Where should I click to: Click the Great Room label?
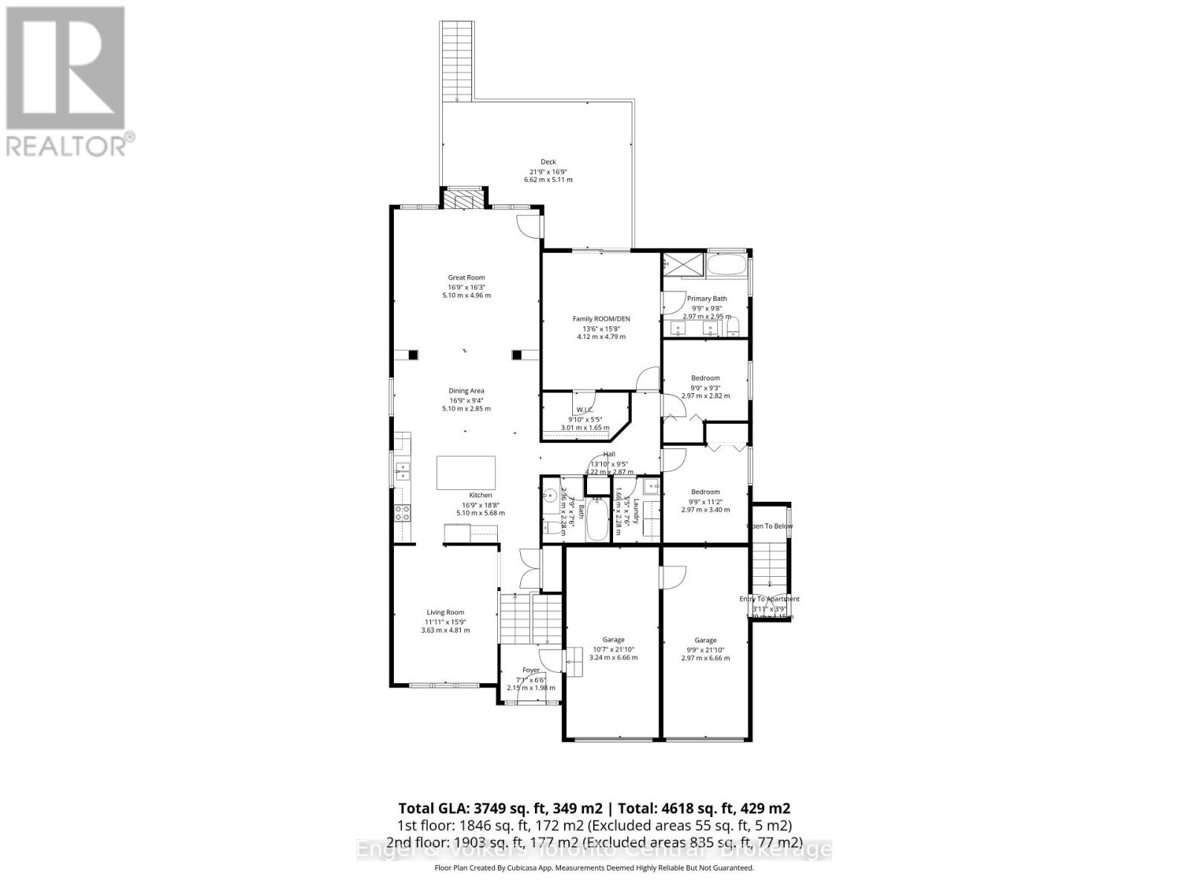tap(466, 278)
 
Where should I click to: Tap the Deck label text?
tap(548, 162)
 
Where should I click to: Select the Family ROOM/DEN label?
tap(600, 319)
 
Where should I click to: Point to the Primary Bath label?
tap(707, 299)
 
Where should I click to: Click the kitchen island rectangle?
tap(466, 473)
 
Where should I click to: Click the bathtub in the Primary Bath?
tap(727, 265)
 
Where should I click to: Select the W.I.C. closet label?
tap(584, 410)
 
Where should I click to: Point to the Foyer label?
tap(531, 670)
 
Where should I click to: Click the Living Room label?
tap(445, 613)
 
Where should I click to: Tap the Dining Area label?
tap(466, 391)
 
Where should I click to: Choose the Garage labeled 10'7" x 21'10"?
tap(613, 640)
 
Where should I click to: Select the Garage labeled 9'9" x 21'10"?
tap(705, 641)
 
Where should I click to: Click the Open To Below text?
tap(770, 526)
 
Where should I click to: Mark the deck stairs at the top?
tap(457, 59)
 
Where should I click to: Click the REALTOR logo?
tap(66, 81)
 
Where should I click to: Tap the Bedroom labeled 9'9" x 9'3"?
tap(705, 378)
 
